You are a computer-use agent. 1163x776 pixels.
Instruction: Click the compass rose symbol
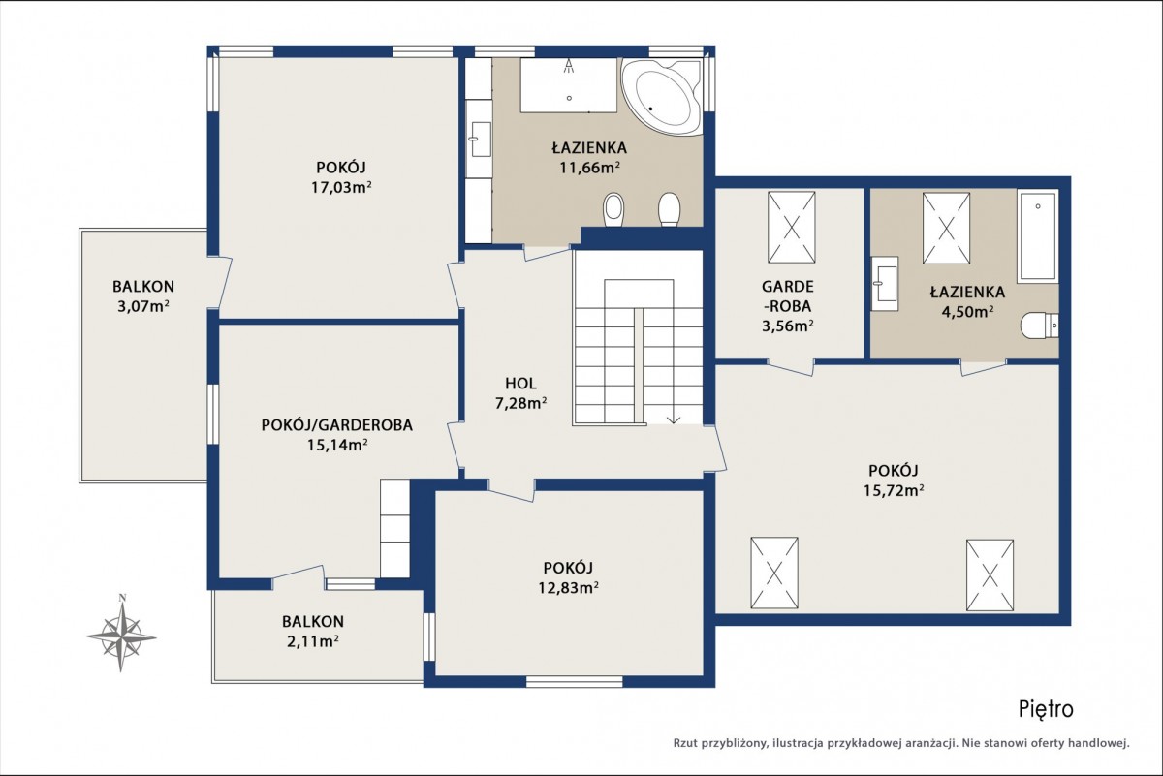pyautogui.click(x=121, y=635)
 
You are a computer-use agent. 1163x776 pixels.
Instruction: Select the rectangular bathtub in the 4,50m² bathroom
pyautogui.click(x=1038, y=237)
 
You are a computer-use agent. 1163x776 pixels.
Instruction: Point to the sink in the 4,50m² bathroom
pyautogui.click(x=885, y=284)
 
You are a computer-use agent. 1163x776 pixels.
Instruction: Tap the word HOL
pyautogui.click(x=520, y=384)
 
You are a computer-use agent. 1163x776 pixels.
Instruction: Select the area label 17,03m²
pyautogui.click(x=341, y=187)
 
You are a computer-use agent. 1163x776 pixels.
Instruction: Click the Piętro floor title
pyautogui.click(x=1046, y=710)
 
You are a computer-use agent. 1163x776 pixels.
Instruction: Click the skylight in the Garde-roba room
pyautogui.click(x=791, y=228)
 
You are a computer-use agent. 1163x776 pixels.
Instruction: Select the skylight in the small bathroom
pyautogui.click(x=946, y=229)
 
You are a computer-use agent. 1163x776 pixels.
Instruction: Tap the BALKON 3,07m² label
pyautogui.click(x=143, y=296)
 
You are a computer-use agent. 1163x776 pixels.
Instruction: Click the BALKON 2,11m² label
pyautogui.click(x=313, y=632)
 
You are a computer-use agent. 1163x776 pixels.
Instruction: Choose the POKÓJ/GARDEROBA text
pyautogui.click(x=337, y=425)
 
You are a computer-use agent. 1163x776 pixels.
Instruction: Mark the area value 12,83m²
pyautogui.click(x=569, y=588)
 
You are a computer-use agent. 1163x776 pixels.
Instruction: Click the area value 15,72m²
pyautogui.click(x=894, y=490)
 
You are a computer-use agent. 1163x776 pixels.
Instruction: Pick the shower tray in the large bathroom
pyautogui.click(x=569, y=84)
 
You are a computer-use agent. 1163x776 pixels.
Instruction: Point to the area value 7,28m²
pyautogui.click(x=520, y=403)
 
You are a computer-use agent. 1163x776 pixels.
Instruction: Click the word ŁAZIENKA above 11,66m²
pyautogui.click(x=589, y=148)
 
